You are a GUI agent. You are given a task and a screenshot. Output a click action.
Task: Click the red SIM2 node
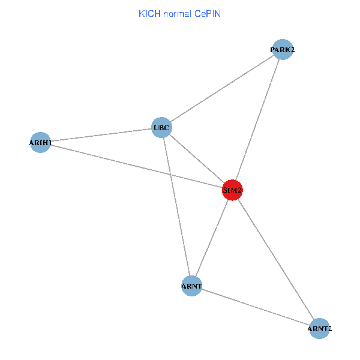coord(232,190)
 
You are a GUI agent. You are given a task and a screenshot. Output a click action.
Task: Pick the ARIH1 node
coord(40,143)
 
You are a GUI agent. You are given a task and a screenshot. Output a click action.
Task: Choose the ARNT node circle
coord(191,286)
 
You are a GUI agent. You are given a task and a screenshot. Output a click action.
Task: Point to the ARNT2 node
coord(320,329)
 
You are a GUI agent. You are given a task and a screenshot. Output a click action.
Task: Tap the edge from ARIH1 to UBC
coord(101,135)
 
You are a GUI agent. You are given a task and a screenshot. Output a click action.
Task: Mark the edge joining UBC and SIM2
coord(197,158)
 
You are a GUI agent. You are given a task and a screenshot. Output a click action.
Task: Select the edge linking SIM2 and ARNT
coord(212,238)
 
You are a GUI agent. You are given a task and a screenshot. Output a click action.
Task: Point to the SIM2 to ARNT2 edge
coord(276,259)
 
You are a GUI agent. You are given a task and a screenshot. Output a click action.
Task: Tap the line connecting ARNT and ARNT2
coord(256,307)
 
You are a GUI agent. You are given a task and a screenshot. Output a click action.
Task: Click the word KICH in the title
coord(148,13)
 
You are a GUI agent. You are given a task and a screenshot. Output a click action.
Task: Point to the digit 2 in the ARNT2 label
coord(329,329)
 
